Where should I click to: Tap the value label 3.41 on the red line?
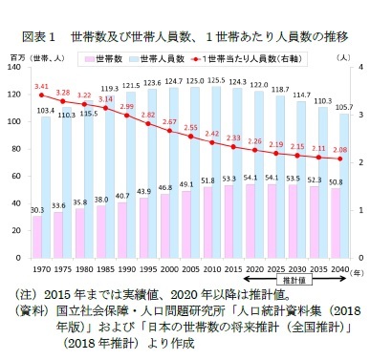(41, 87)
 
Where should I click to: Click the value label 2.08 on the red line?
(339, 149)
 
